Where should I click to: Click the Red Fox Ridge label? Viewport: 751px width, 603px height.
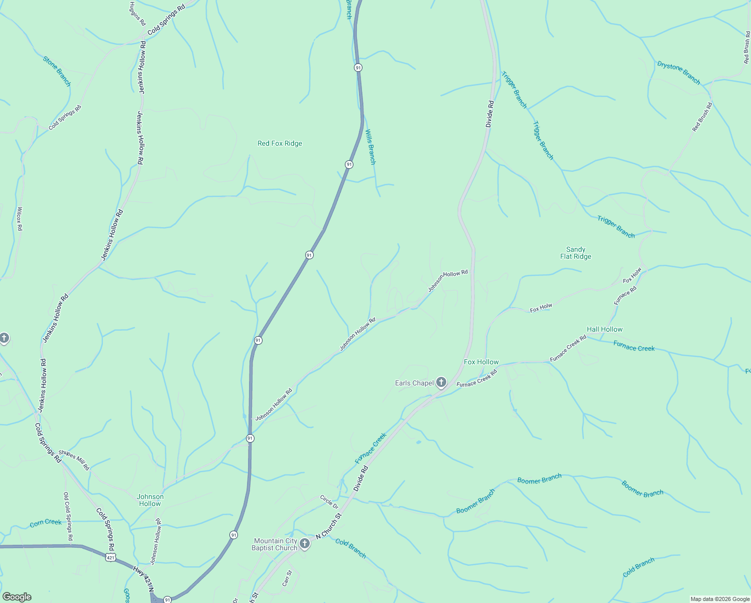tap(280, 143)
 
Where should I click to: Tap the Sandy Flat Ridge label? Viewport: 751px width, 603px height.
tap(575, 253)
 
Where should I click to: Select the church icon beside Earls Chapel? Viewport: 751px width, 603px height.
tap(441, 383)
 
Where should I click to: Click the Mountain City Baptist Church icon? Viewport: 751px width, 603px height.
tap(304, 544)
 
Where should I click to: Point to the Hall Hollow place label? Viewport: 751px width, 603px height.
tap(604, 329)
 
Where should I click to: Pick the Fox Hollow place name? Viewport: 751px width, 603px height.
tap(481, 362)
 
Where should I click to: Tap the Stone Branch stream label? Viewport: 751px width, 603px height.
tap(57, 71)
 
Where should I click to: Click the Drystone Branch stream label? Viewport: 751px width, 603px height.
tap(678, 72)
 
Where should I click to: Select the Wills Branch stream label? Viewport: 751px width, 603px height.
tap(370, 147)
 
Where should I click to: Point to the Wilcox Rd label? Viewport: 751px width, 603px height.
tap(20, 219)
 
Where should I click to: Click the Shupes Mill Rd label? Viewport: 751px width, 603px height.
tap(74, 460)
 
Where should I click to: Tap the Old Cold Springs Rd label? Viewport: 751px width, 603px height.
tap(68, 516)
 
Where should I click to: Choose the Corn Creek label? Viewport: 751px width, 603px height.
tap(46, 523)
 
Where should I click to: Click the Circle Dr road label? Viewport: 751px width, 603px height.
tap(329, 501)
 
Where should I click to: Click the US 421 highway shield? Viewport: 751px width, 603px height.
tap(111, 557)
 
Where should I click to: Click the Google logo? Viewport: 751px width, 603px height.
tap(17, 597)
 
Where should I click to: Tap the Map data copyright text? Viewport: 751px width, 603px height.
tap(719, 599)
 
